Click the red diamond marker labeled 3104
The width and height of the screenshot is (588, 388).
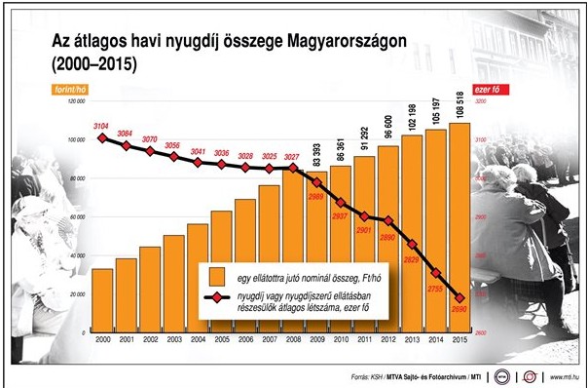[x=101, y=137]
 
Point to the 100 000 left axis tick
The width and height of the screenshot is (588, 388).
[x=76, y=140]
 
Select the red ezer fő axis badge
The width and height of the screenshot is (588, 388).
[x=489, y=89]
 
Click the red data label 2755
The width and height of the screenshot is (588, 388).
[x=434, y=290]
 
